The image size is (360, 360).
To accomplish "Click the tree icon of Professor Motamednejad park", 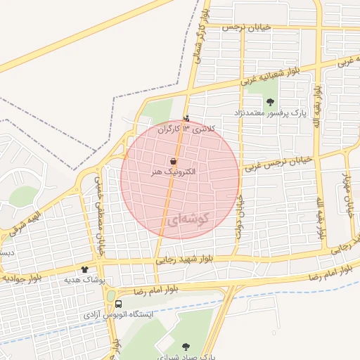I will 271,103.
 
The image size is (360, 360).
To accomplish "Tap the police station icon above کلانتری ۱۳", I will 186,117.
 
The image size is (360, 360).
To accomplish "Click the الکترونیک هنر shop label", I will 173,172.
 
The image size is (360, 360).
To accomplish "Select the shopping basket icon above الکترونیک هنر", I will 173,161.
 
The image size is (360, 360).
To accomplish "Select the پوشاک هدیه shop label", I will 84,280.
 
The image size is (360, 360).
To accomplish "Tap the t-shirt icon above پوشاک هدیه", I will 84,269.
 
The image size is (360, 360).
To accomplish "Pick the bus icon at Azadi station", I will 118,304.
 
